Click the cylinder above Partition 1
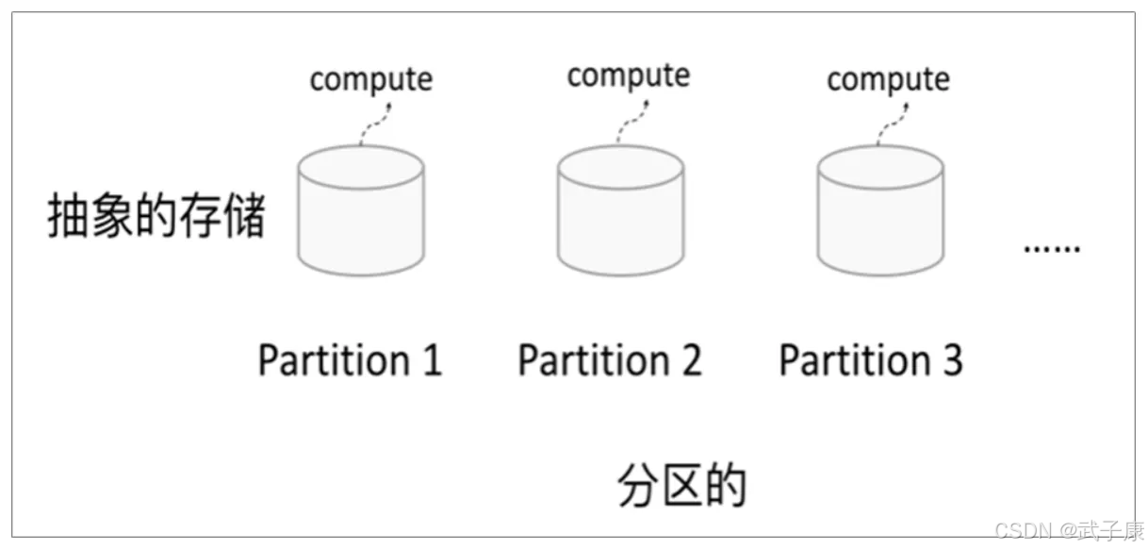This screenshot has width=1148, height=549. pyautogui.click(x=361, y=211)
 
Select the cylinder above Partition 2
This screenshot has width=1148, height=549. pyautogui.click(x=620, y=211)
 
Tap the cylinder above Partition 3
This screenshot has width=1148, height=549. pyautogui.click(x=880, y=211)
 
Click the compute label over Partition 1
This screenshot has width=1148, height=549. pyautogui.click(x=371, y=80)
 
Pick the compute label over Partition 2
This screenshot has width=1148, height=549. pyautogui.click(x=629, y=76)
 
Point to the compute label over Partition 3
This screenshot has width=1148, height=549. pyautogui.click(x=888, y=80)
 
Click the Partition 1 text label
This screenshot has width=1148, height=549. pyautogui.click(x=350, y=360)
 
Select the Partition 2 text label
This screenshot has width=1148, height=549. pyautogui.click(x=610, y=360)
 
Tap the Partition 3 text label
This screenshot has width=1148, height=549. pyautogui.click(x=871, y=360)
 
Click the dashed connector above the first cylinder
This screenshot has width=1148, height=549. pyautogui.click(x=377, y=124)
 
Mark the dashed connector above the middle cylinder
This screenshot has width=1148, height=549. pyautogui.click(x=634, y=121)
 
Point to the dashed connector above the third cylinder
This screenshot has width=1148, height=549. pyautogui.click(x=894, y=124)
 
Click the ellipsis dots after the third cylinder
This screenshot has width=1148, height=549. pyautogui.click(x=1052, y=249)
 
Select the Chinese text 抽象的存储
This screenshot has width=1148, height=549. pyautogui.click(x=156, y=215)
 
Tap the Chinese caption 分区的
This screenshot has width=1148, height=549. pyautogui.click(x=682, y=486)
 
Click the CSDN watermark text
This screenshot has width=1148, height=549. pyautogui.click(x=1069, y=531)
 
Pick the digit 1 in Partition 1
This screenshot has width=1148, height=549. pyautogui.click(x=433, y=360)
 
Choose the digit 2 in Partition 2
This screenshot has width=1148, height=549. pyautogui.click(x=692, y=360)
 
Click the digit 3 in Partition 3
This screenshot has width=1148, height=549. pyautogui.click(x=953, y=360)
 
